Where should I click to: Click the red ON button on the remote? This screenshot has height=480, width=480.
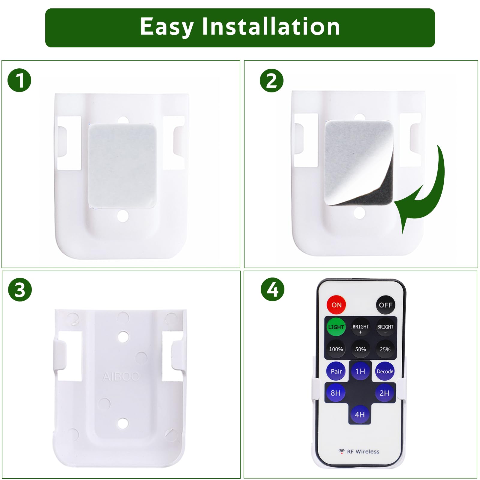336,305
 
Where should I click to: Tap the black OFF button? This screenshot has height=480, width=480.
385,305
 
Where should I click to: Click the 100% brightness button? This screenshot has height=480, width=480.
336,349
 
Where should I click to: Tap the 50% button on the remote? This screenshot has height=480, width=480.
361,349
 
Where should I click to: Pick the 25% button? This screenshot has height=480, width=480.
385,349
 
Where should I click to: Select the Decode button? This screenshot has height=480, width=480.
385,371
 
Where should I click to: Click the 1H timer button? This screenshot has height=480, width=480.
360,371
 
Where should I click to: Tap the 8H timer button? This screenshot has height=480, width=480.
336,393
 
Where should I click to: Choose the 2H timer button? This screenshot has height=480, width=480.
384,393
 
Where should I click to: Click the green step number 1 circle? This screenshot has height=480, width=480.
19,80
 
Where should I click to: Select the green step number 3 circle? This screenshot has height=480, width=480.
20,290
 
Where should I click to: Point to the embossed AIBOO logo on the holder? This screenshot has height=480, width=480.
121,376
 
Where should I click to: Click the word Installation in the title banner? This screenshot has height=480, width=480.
271,27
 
